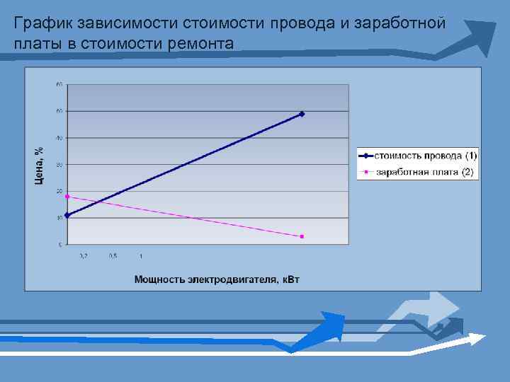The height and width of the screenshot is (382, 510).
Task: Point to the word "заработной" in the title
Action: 399,24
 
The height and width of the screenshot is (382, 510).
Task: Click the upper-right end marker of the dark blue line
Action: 302,114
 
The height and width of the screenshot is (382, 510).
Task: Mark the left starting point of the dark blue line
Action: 67,215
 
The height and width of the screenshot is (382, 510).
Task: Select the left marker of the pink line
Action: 67,196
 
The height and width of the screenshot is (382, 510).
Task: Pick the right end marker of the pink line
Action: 302,236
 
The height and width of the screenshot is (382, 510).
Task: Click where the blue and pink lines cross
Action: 96,202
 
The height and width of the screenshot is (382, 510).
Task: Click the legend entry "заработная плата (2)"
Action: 424,172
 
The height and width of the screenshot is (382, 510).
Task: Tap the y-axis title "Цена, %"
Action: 40,164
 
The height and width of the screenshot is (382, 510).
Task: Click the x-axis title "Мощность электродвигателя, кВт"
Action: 217,279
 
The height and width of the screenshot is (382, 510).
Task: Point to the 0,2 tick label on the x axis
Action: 83,255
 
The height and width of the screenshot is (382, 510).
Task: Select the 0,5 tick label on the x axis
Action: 113,255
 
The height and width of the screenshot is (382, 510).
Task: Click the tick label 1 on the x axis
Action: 141,255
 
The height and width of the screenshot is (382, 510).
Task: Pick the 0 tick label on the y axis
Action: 60,245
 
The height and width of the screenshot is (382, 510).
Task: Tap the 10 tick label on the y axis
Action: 59,218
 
